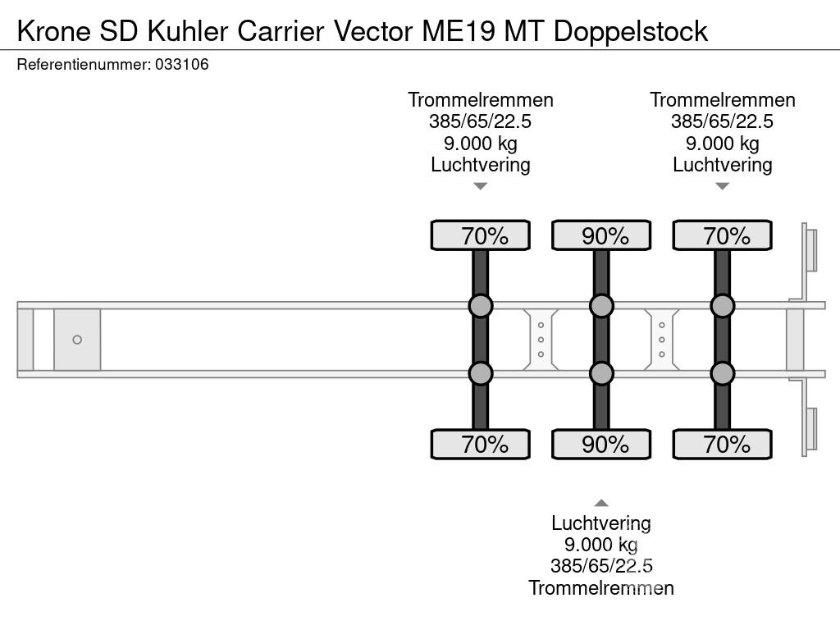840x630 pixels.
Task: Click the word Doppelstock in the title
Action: click(630, 31)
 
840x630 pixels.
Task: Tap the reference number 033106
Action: click(181, 64)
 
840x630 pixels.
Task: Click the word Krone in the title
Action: click(53, 31)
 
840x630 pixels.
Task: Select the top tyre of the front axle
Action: click(481, 235)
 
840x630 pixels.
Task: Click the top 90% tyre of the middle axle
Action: click(601, 235)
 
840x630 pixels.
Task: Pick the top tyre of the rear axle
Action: click(722, 235)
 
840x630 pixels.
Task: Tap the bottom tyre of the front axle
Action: click(481, 444)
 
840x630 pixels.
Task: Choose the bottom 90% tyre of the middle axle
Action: click(601, 444)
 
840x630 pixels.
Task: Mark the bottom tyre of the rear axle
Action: click(722, 444)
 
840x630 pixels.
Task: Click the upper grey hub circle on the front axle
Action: click(481, 306)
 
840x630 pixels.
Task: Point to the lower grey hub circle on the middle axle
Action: click(601, 373)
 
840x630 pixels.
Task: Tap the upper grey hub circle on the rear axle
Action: click(722, 306)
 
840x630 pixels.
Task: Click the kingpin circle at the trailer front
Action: click(77, 340)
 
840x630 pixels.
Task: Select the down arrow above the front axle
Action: click(481, 186)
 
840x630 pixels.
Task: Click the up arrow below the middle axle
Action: click(601, 503)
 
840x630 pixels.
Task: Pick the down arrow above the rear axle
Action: click(722, 186)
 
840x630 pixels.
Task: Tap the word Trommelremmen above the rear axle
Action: click(722, 100)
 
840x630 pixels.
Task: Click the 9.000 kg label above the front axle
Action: click(481, 144)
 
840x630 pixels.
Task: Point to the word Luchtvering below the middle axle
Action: click(601, 523)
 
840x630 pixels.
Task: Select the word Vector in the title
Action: click(373, 31)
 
